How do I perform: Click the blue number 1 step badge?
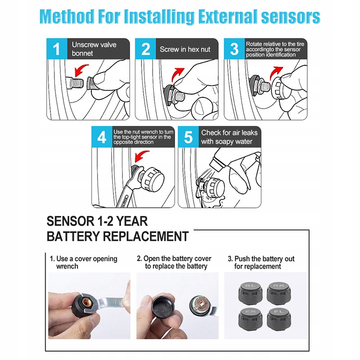tap(57, 49)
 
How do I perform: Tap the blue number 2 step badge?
tap(145, 49)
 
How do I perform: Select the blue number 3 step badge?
tap(234, 49)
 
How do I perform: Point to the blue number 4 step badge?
tap(102, 137)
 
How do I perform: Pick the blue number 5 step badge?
tap(188, 137)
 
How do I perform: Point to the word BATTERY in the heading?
tap(73, 236)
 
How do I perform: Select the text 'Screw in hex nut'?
tap(185, 49)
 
